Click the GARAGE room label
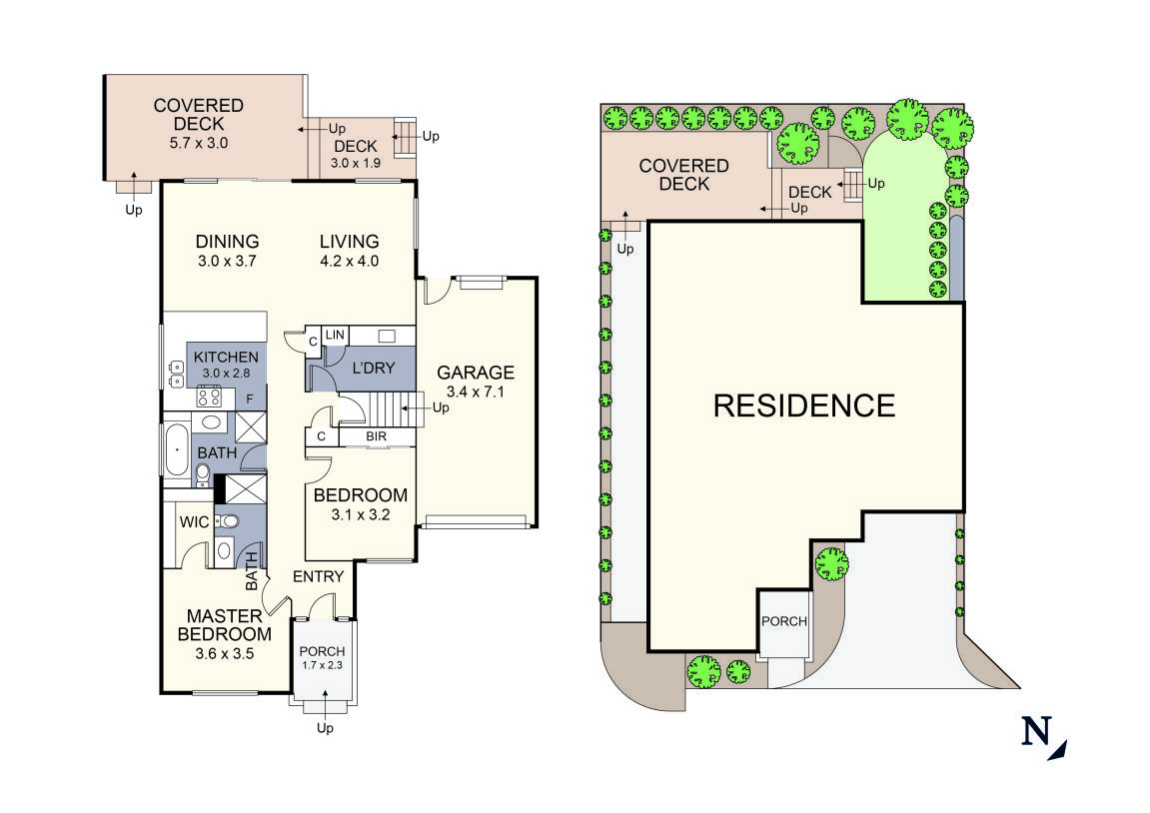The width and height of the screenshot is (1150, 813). [x=476, y=373]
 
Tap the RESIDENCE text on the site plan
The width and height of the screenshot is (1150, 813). [x=804, y=406]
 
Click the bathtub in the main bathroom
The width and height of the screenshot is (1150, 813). [x=176, y=451]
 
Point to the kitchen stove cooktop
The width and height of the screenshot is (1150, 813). [x=210, y=397]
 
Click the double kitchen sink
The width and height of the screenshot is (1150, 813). [x=175, y=372]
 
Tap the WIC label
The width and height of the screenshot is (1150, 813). [x=192, y=522]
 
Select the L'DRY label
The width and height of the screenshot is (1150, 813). [x=372, y=369]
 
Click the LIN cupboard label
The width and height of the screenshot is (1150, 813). [x=335, y=334]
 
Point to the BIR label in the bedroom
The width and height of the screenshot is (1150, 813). [x=376, y=436]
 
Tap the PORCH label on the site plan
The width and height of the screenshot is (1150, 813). [x=783, y=621]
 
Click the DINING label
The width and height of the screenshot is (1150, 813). [x=227, y=242]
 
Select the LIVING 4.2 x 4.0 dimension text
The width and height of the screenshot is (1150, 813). [x=349, y=262]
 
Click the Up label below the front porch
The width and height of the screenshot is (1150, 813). [x=325, y=728]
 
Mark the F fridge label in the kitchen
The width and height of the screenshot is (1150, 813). [x=250, y=398]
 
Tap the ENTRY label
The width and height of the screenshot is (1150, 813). [x=318, y=576]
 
